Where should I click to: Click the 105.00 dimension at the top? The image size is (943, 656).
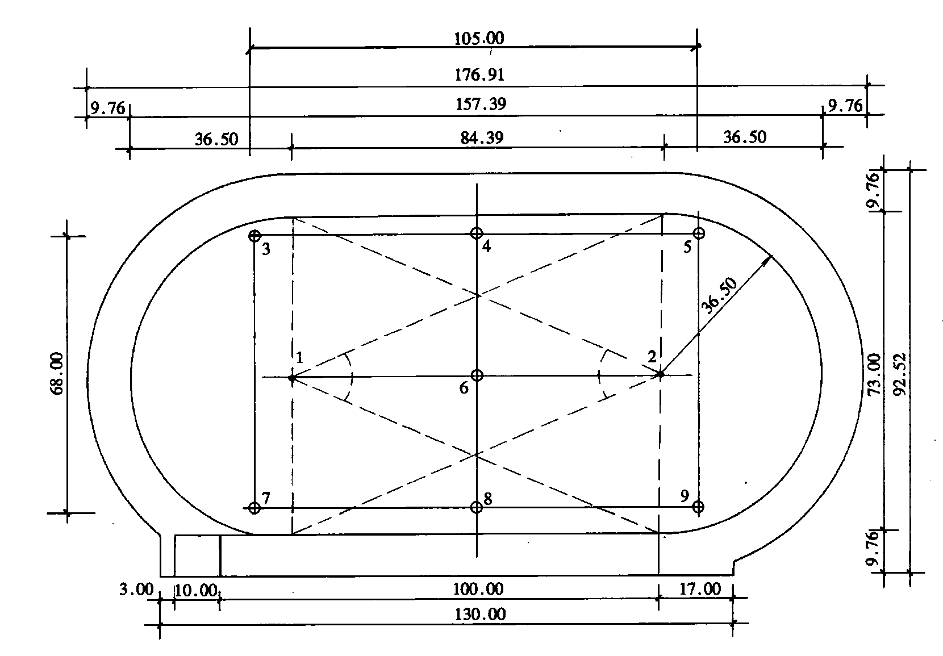click(479, 38)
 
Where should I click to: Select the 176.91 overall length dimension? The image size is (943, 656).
click(479, 74)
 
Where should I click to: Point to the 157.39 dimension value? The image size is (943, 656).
click(481, 103)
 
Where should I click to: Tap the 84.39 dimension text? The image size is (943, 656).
click(482, 137)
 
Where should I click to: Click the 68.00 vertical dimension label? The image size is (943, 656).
click(57, 374)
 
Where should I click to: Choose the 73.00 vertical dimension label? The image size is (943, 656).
click(874, 374)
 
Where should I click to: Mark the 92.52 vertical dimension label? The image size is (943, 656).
click(900, 374)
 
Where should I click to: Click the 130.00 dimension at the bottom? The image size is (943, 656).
click(480, 615)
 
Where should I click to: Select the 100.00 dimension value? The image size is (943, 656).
click(478, 588)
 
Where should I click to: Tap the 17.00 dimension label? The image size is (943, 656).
click(700, 588)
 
